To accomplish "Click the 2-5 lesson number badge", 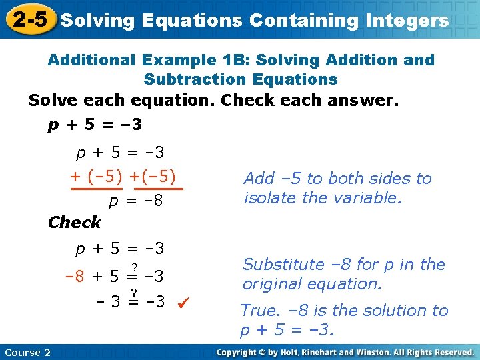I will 29,19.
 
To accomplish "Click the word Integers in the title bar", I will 407,21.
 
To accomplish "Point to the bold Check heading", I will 74,222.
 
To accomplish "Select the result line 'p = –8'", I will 137,201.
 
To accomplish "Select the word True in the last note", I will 259,311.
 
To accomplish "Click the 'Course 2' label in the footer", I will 27,352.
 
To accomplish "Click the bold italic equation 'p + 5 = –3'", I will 95,125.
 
